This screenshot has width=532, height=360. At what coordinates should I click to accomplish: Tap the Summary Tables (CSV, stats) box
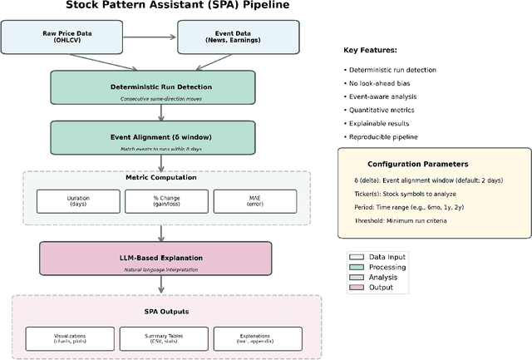tap(156, 338)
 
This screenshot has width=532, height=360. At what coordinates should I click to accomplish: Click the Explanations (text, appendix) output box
tap(244, 338)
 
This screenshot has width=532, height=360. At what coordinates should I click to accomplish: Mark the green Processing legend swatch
tap(357, 267)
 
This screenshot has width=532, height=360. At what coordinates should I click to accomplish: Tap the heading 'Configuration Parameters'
tap(418, 164)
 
